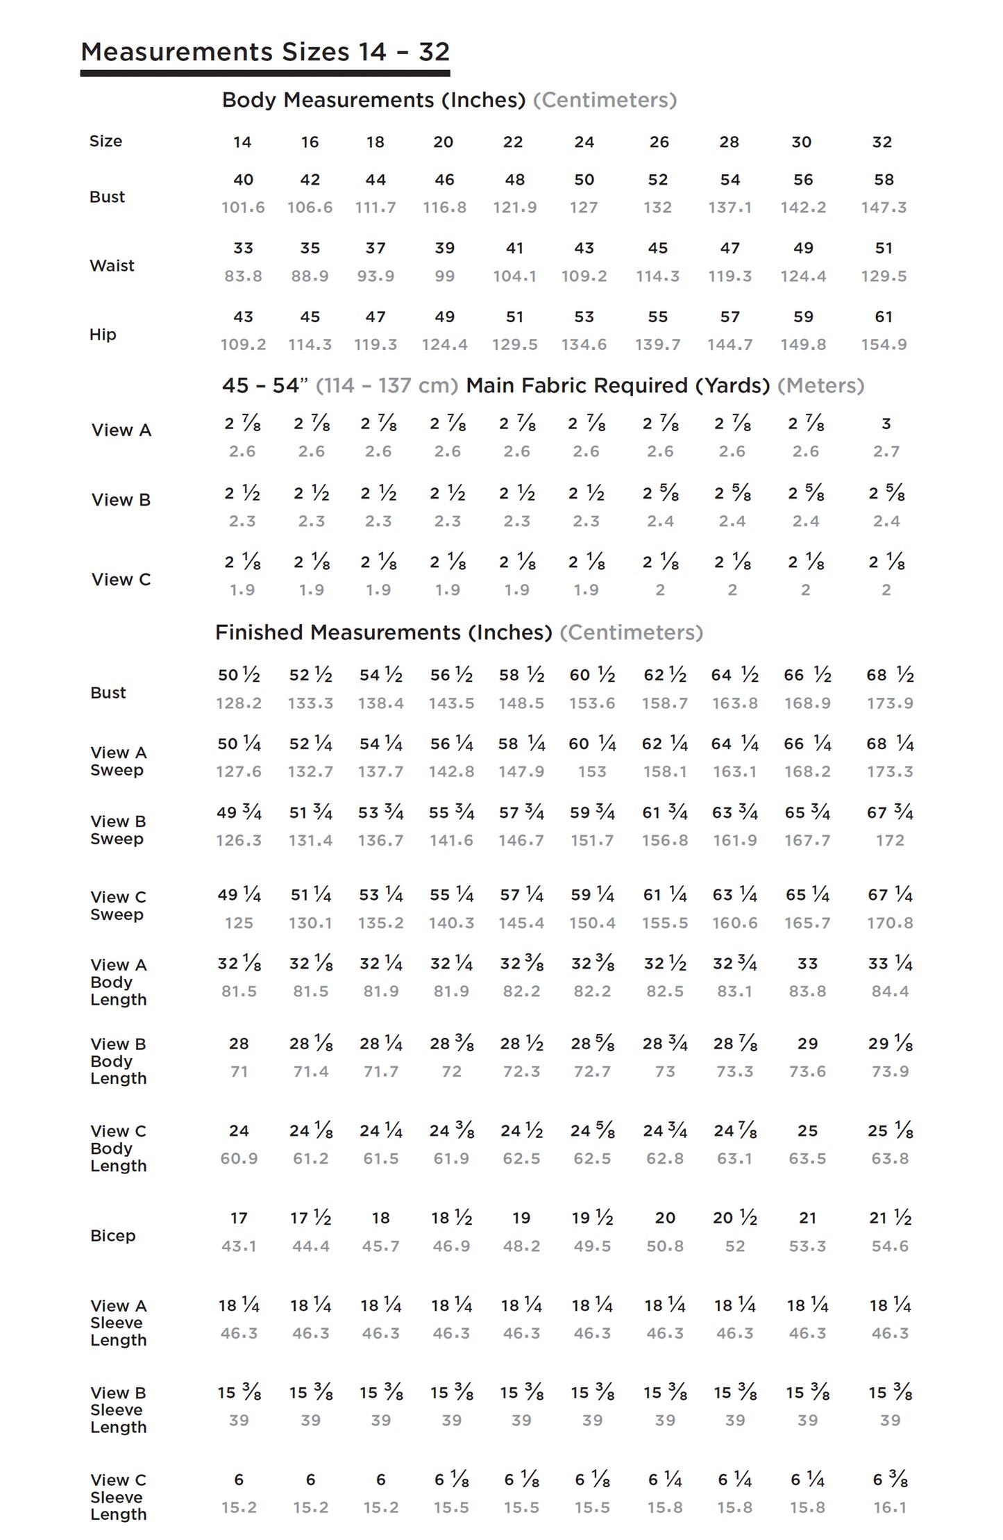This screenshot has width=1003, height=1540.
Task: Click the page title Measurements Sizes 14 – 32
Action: tap(265, 52)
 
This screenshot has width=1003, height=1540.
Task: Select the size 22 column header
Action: tap(513, 142)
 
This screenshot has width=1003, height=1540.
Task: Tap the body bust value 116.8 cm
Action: tap(444, 208)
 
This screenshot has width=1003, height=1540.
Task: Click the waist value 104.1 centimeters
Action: tap(514, 276)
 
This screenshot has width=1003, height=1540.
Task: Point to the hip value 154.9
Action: tap(884, 345)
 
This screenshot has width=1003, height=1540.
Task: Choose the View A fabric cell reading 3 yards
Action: tap(886, 424)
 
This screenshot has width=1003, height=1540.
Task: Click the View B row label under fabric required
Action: tap(121, 500)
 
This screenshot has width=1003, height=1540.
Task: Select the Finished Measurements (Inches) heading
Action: tap(383, 633)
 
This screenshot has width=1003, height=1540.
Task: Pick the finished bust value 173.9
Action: tap(890, 703)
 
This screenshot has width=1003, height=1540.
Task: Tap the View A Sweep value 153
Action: tap(592, 772)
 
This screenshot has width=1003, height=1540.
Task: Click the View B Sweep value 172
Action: tap(890, 841)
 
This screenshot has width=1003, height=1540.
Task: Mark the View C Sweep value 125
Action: tap(239, 923)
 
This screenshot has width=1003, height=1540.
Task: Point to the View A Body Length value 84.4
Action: tap(890, 992)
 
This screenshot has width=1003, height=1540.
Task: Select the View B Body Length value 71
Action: tap(239, 1072)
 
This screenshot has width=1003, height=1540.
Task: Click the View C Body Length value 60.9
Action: tap(239, 1159)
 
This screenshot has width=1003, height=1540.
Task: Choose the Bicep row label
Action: tap(112, 1236)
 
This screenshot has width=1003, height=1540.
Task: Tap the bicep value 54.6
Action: tap(890, 1246)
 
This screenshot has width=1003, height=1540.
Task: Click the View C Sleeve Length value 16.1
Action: tap(890, 1508)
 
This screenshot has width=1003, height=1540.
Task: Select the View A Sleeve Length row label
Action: tap(118, 1323)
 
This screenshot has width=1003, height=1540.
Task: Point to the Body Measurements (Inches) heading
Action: tap(373, 100)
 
